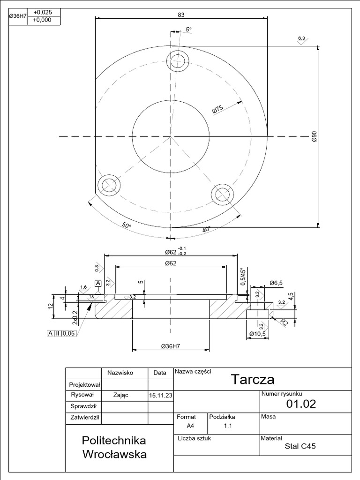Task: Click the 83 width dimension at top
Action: click(181, 15)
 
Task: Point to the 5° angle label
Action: click(188, 30)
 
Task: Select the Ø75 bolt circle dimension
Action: click(217, 109)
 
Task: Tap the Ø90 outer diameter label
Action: click(314, 136)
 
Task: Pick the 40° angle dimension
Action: click(206, 229)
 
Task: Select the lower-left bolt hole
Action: click(111, 183)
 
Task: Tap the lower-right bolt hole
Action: click(222, 194)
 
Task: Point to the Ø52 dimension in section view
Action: click(171, 263)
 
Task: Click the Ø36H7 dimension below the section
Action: click(171, 346)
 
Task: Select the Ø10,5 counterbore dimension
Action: click(258, 334)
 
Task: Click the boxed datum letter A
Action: click(98, 284)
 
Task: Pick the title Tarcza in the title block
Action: click(253, 379)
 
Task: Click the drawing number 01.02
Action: click(301, 404)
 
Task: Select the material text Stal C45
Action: click(300, 446)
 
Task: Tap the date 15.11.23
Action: click(160, 396)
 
